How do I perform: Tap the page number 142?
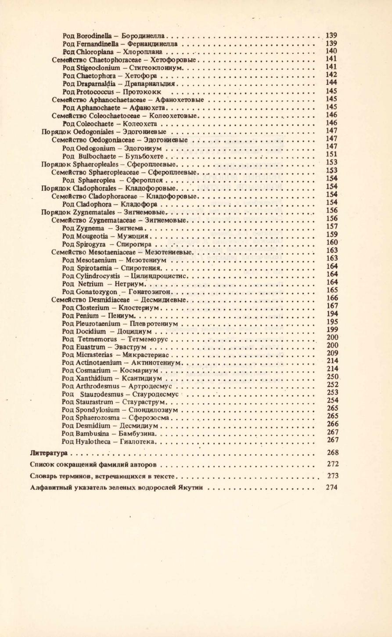tap(332, 75)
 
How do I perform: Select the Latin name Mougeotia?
tap(90, 236)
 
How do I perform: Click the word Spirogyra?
tap(90, 244)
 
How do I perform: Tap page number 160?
tap(332, 242)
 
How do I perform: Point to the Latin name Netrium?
tap(90, 284)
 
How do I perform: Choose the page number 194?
tap(332, 314)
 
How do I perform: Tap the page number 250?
tap(332, 377)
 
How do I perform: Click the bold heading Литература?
tap(49, 453)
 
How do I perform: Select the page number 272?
tap(332, 464)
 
